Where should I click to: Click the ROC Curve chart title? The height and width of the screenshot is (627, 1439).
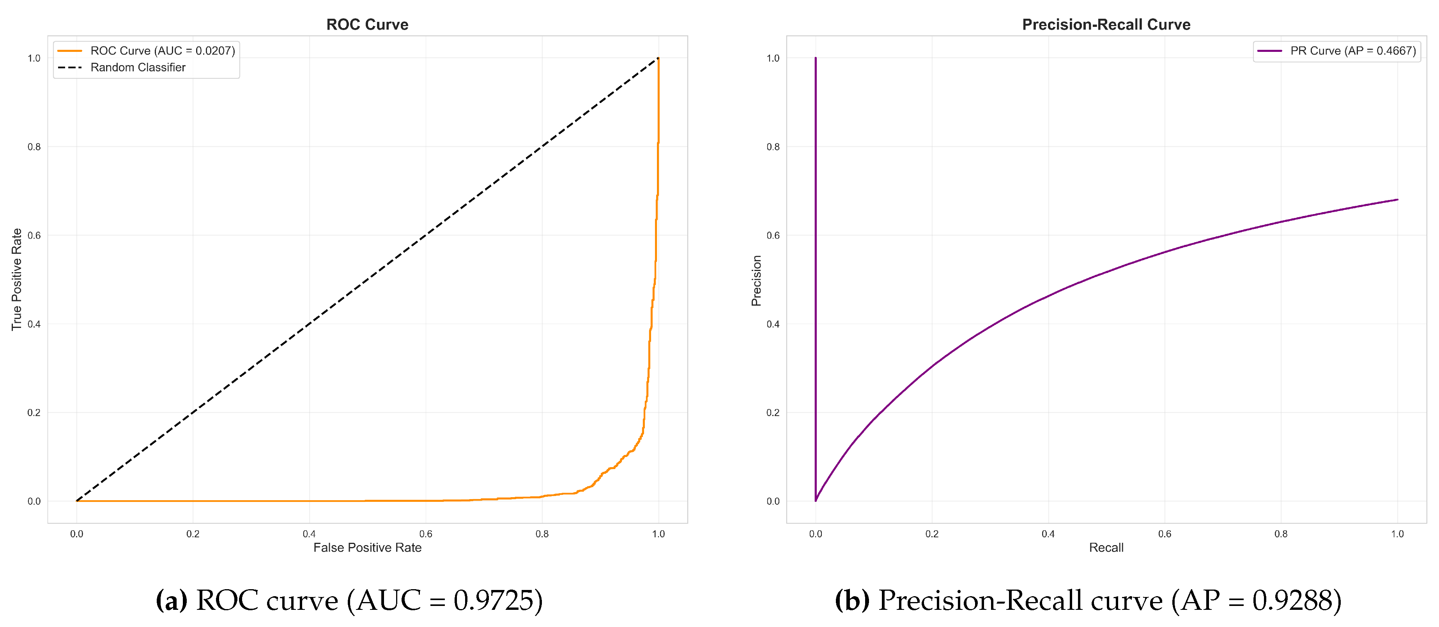click(x=367, y=25)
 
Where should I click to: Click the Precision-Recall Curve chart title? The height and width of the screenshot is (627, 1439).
click(x=1106, y=25)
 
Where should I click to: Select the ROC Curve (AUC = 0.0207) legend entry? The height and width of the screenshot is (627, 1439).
click(x=162, y=51)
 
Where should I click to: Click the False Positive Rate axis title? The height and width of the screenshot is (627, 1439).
click(x=367, y=547)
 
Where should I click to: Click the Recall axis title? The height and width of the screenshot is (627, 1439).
click(x=1106, y=547)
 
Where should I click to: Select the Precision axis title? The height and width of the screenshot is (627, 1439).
click(x=756, y=280)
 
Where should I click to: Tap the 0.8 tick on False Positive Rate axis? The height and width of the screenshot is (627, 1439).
click(x=542, y=534)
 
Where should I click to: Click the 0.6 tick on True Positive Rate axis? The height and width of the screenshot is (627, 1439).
click(x=34, y=235)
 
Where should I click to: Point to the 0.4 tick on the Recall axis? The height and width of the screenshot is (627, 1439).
click(x=1048, y=534)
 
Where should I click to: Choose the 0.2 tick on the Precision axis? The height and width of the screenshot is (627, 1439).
click(x=773, y=413)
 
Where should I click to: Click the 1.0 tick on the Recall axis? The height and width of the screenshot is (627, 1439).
click(x=1397, y=534)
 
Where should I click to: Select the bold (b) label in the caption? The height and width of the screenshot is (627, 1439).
click(x=852, y=601)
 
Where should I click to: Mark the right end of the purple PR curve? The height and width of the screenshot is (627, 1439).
click(x=1397, y=200)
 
